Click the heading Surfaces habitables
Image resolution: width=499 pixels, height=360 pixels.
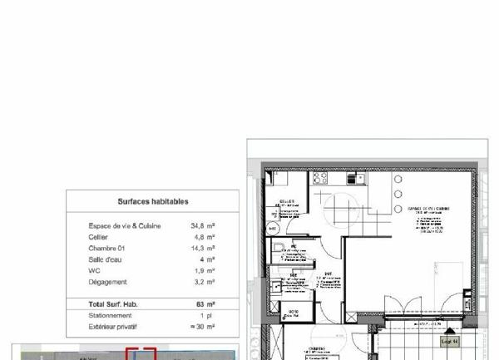[152, 201]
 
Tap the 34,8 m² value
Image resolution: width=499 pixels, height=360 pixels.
[203, 226]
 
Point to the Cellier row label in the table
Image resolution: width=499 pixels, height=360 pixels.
[98, 237]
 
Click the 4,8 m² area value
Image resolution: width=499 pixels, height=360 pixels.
[205, 237]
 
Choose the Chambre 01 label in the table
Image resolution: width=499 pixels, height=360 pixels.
[106, 248]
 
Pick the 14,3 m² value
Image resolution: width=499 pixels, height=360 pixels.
[203, 248]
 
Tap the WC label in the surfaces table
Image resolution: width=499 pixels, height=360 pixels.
[94, 270]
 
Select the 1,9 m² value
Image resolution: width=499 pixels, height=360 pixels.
[205, 270]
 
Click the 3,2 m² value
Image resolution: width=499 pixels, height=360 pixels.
[205, 282]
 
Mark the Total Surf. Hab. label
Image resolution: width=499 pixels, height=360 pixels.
[113, 304]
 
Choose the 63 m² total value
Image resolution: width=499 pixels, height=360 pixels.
[205, 304]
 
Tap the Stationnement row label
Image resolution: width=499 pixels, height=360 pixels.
[110, 316]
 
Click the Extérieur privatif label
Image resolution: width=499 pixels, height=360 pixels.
[115, 327]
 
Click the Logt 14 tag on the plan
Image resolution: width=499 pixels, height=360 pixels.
[450, 342]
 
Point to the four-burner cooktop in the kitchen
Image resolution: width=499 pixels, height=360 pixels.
[321, 178]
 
